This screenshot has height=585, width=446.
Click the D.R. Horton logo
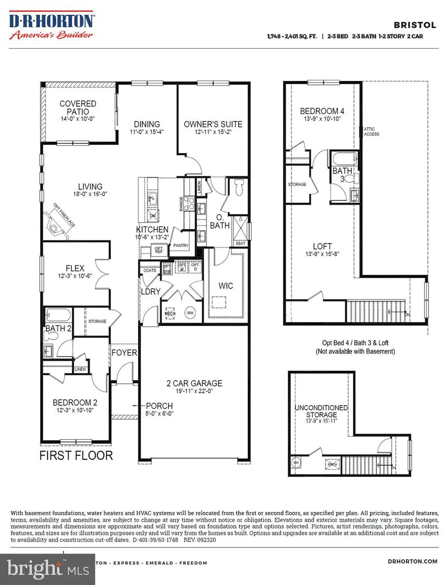point(51,26)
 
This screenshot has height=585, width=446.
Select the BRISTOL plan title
point(414,25)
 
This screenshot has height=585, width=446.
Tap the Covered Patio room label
point(78,108)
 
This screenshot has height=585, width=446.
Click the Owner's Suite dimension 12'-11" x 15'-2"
point(213,132)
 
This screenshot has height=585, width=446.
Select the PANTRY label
point(181,245)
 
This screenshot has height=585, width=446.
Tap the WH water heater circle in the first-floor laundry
point(190,313)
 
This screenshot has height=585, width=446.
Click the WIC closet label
point(226,286)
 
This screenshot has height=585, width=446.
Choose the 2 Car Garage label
point(194,383)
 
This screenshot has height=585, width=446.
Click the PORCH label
point(159,406)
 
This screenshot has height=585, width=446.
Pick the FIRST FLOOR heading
point(76,456)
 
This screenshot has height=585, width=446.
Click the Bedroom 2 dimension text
point(75,410)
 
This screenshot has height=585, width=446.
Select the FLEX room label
point(75,268)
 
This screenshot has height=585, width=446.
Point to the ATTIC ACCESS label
point(371,131)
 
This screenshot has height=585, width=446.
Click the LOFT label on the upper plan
point(322,246)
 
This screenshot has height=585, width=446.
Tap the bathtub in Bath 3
point(344,159)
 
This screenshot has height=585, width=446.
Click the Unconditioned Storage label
point(321,411)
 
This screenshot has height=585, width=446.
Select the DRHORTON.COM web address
point(412,561)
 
